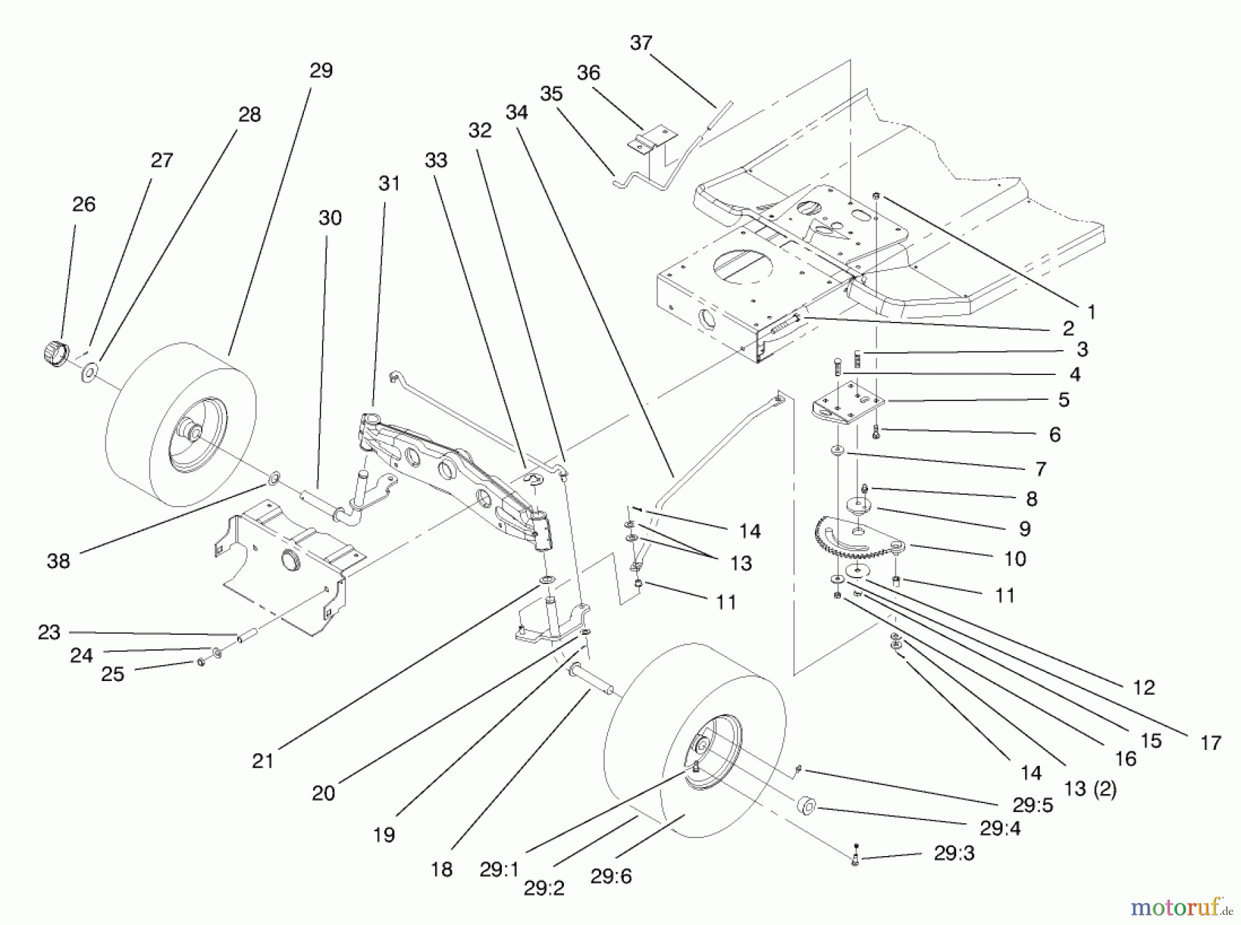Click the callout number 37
click(640, 43)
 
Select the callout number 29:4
click(1000, 829)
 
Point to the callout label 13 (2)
click(1089, 789)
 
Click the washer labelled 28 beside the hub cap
click(89, 374)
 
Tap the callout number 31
click(389, 183)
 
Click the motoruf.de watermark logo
click(1180, 908)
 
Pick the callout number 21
click(263, 761)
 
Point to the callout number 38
click(59, 560)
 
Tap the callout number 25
click(112, 674)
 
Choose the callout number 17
click(1210, 743)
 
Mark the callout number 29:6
click(611, 876)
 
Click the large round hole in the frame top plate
click(746, 265)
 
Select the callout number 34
click(516, 112)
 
